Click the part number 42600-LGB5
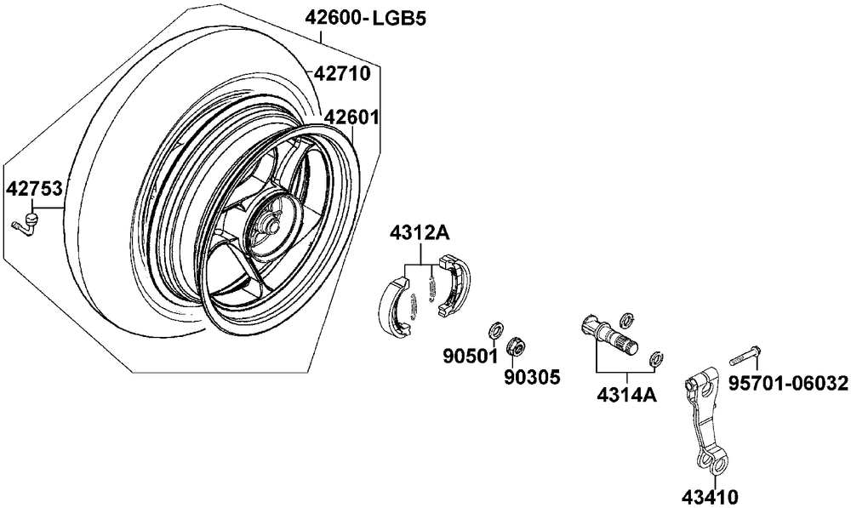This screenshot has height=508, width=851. [365, 18]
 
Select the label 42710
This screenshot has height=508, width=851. [342, 73]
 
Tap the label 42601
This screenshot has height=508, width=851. [351, 117]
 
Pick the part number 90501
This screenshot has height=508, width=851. [471, 357]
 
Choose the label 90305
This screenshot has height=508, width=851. [532, 376]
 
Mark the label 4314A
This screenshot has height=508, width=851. [627, 395]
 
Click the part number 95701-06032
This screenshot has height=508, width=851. [787, 384]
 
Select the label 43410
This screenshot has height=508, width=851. [711, 497]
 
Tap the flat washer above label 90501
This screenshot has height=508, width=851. [495, 329]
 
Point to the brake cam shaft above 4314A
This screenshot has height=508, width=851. [610, 336]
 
